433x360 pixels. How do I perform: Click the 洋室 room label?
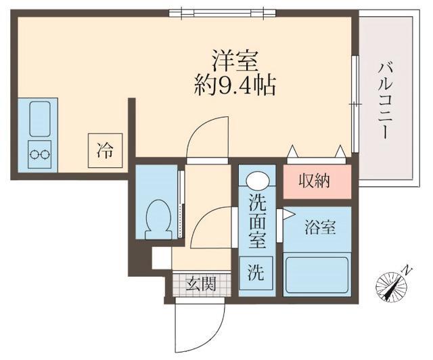[x=235, y=61]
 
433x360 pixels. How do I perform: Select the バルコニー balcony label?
[x=385, y=100]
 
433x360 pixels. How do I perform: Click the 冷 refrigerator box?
[x=104, y=149]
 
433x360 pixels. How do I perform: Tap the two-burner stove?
[x=39, y=154]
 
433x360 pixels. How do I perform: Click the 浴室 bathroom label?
[x=319, y=229]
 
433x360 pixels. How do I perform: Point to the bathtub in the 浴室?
[x=316, y=274]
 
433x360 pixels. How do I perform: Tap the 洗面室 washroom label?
[x=257, y=220]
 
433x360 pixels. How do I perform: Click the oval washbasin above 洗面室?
[x=257, y=181]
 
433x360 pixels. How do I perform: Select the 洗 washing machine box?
[x=256, y=273]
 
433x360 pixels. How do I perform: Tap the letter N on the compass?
[x=407, y=270]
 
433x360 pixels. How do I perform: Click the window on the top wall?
[x=222, y=12]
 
